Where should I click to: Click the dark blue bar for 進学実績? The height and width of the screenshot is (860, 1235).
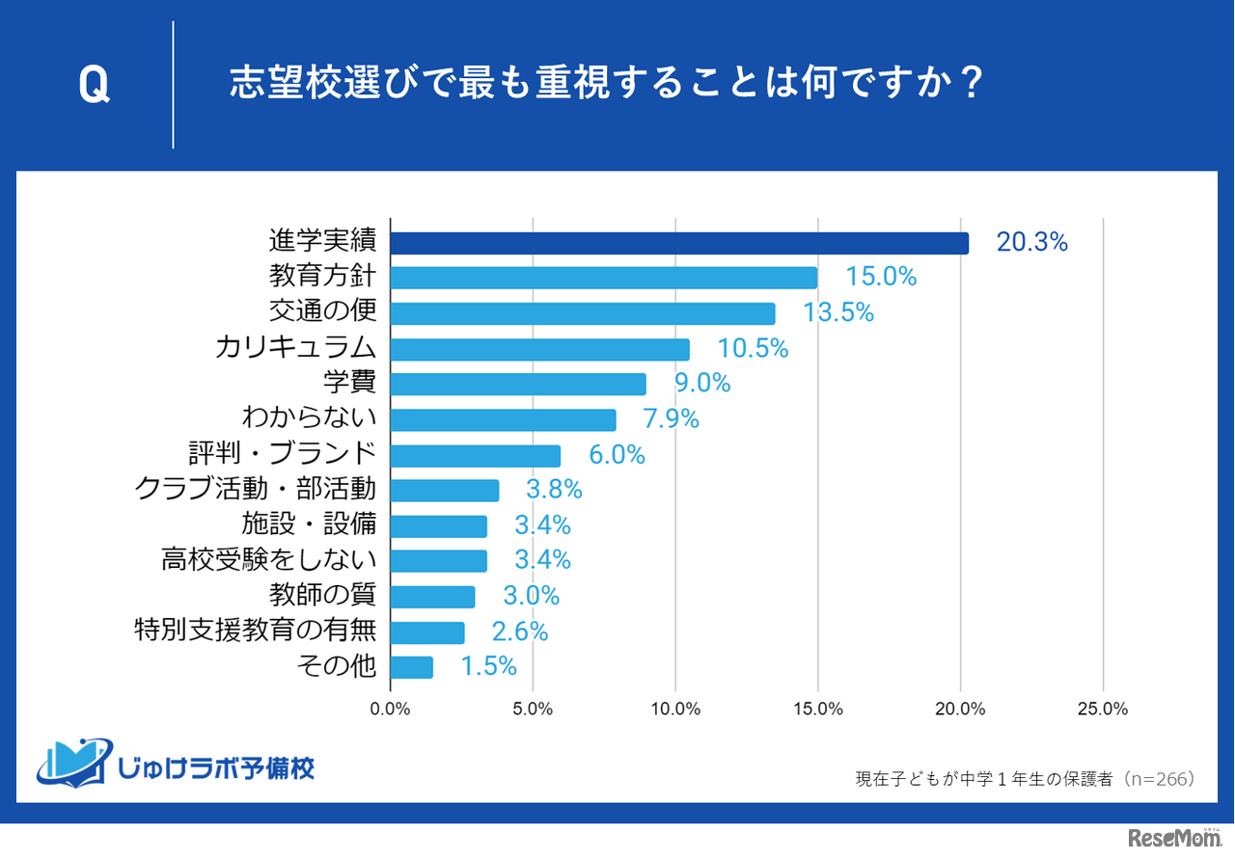point(679,243)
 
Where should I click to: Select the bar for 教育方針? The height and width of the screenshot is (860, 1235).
point(604,278)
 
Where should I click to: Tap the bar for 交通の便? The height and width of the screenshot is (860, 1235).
point(583,313)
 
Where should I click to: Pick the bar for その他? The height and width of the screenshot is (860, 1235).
point(412,667)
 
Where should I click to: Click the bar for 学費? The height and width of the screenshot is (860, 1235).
point(518,384)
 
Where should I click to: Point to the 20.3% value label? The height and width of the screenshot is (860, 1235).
point(1031,243)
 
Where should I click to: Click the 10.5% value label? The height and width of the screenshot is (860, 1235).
point(753,349)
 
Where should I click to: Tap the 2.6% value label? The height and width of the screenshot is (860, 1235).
point(520,632)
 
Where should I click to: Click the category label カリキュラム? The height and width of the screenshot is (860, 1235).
point(295,348)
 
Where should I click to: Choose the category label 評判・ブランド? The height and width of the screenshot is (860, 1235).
point(282,454)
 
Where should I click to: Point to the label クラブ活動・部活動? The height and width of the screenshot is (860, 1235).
point(255,490)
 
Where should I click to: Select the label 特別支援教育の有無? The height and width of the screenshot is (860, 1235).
point(255,632)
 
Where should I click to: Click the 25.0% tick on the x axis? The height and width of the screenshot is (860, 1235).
point(1102,710)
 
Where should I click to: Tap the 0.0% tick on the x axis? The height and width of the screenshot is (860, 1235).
point(391,710)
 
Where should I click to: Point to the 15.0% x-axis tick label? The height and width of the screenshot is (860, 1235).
point(818,710)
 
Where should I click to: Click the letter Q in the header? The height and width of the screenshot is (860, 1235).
point(94,86)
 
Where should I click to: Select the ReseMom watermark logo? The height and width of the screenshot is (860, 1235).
point(1173,838)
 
